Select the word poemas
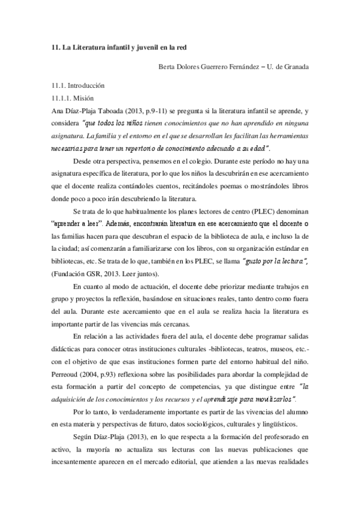(x=246, y=186)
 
